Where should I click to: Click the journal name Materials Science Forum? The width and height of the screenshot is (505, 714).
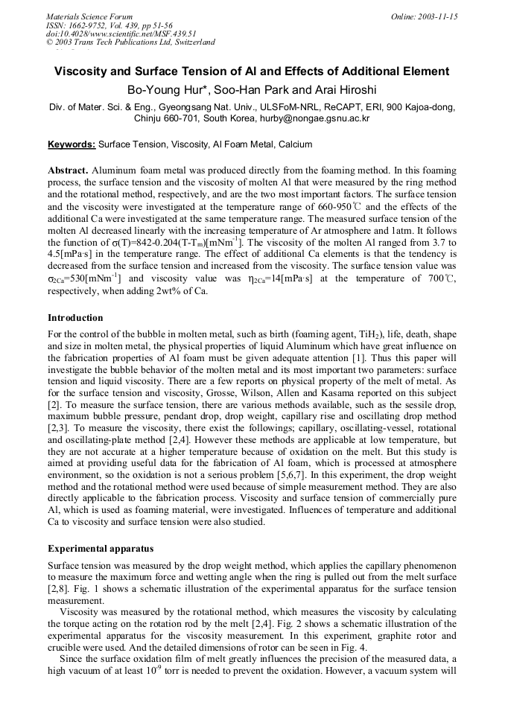tap(89, 16)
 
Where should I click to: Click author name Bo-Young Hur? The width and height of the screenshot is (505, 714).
tap(163, 90)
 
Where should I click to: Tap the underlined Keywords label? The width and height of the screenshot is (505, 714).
tap(72, 144)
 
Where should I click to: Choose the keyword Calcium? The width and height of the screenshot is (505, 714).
tap(296, 144)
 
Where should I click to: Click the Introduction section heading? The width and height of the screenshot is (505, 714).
tap(75, 318)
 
